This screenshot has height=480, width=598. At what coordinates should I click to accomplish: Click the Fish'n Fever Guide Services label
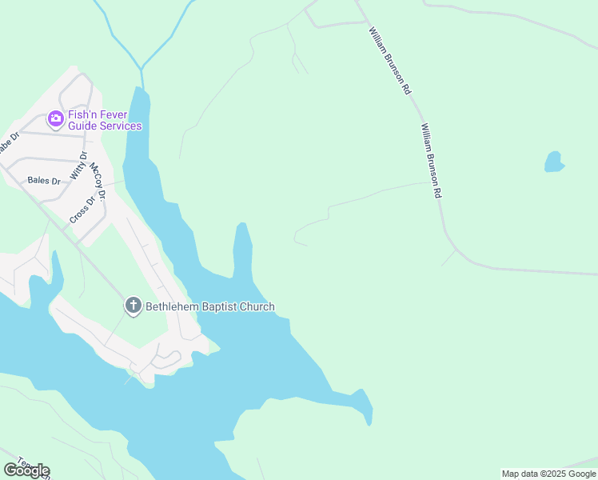pyautogui.click(x=104, y=120)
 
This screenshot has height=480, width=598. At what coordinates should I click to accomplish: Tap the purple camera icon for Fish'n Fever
pyautogui.click(x=55, y=119)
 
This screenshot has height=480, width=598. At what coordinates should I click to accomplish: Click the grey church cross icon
pyautogui.click(x=134, y=306)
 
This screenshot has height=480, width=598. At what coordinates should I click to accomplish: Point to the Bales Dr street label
pyautogui.click(x=44, y=181)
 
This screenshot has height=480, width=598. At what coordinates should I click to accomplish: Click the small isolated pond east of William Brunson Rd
pyautogui.click(x=553, y=162)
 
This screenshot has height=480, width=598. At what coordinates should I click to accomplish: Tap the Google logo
pyautogui.click(x=26, y=470)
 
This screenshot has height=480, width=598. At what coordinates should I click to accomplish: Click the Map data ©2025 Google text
pyautogui.click(x=548, y=474)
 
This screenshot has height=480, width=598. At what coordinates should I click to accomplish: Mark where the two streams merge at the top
pyautogui.click(x=142, y=69)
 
